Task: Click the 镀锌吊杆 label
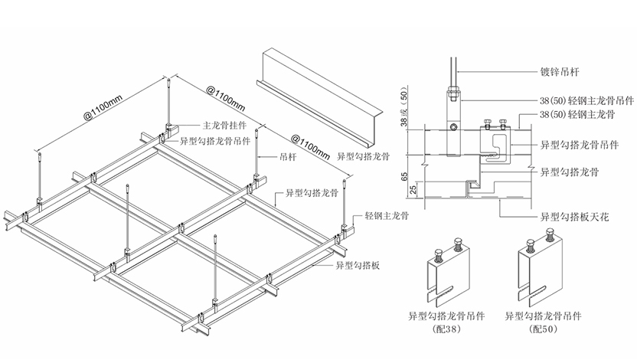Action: coord(560,72)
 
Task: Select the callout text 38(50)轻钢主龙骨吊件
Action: coord(586,100)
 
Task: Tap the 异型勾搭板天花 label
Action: coord(574,217)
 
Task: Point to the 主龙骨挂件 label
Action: coord(224,125)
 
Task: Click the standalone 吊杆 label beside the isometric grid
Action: coord(288,156)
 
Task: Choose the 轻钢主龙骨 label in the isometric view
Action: coord(387,216)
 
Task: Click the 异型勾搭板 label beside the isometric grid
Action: coord(358,265)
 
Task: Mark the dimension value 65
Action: coord(403,177)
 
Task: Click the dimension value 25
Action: coord(413,190)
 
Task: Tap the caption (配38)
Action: coord(447,329)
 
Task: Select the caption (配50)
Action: coord(543,329)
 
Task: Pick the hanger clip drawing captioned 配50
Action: coord(541,267)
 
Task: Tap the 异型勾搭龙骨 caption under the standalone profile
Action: coord(363,156)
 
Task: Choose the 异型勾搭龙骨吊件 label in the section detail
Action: coord(580,145)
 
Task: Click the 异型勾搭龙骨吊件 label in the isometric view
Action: coord(215,141)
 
